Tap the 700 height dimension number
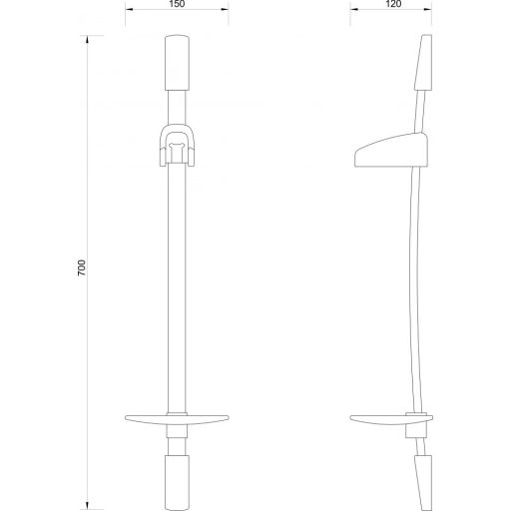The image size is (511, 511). pyautogui.click(x=82, y=269)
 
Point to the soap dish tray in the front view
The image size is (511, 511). pyautogui.click(x=177, y=418)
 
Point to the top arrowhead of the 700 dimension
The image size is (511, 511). pyautogui.click(x=91, y=39)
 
